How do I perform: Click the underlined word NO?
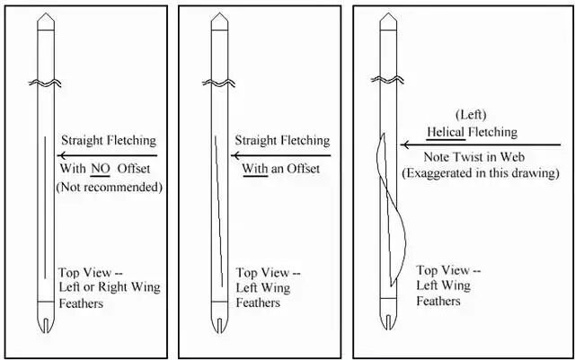point(100,168)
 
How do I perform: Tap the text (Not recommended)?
point(109,187)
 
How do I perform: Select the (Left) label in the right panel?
point(472,114)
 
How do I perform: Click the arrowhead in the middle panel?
point(237,154)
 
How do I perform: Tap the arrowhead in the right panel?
point(406,144)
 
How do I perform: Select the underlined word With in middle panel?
point(256,168)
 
